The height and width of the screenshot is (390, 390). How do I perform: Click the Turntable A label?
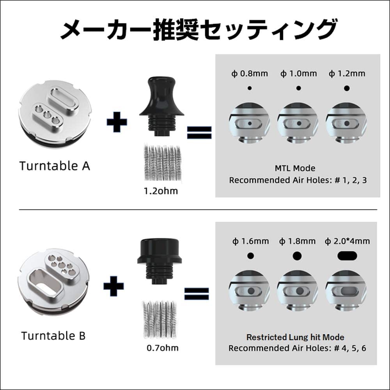(55, 166)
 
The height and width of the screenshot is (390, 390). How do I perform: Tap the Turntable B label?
(53, 335)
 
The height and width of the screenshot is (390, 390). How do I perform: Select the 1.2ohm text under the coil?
(161, 191)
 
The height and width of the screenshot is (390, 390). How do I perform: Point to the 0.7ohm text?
(163, 347)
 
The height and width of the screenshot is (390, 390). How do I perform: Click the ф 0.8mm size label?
(250, 74)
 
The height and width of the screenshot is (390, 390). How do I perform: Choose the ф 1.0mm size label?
(299, 74)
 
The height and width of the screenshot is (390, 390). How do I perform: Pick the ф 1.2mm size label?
(347, 74)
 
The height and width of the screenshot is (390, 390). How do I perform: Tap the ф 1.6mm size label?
(251, 241)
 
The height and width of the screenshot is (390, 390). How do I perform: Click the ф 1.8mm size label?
(298, 241)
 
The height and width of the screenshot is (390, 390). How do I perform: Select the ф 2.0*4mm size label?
(347, 241)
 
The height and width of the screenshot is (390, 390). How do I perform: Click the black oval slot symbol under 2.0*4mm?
(347, 256)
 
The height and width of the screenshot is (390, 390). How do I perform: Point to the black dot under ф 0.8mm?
(250, 88)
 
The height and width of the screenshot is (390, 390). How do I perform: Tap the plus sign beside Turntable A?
(117, 122)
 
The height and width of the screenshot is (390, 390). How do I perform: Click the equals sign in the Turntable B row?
(197, 294)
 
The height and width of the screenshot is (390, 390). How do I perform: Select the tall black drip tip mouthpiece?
(162, 107)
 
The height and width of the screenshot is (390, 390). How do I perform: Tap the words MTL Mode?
(295, 168)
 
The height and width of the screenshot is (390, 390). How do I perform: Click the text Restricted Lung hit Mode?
(295, 337)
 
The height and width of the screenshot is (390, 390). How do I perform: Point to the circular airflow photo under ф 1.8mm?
(298, 291)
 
